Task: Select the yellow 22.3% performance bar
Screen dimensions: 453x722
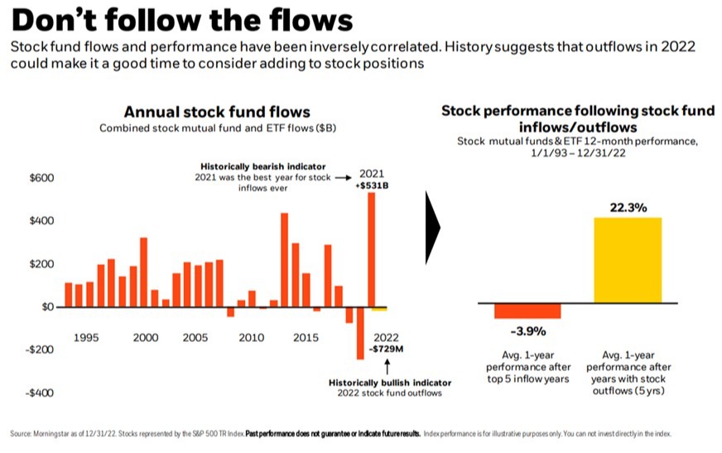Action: [x=628, y=260]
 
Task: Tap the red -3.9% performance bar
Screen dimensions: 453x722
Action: [x=527, y=311]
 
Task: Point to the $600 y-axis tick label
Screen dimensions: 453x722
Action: [x=41, y=178]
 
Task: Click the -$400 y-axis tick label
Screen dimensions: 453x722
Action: [x=39, y=393]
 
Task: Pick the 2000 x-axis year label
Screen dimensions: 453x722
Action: [x=146, y=338]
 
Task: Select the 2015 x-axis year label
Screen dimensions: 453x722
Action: [x=306, y=338]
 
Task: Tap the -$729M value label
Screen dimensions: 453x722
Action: [x=387, y=349]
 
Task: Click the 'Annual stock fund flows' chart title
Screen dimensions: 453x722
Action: [x=217, y=112]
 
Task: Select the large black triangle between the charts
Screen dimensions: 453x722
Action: [x=432, y=229]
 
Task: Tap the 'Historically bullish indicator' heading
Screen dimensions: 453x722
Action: [x=390, y=383]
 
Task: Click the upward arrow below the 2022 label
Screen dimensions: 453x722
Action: [x=387, y=364]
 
